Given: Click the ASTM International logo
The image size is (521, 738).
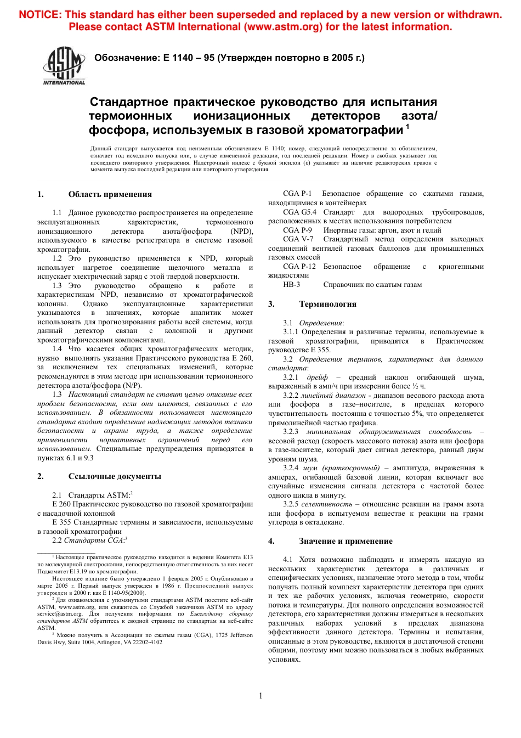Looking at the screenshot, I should tap(64, 65).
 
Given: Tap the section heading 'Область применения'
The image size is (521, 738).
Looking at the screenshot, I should tap(110, 194).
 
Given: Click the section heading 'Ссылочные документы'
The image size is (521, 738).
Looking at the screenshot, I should tap(115, 476).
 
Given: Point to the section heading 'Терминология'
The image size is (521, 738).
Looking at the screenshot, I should tap(327, 304).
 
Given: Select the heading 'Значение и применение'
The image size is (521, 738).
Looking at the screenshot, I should tap(346, 541).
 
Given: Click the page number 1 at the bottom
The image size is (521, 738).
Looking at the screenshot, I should tap(260, 696).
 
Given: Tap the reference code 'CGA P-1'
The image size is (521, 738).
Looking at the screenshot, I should tap(297, 194).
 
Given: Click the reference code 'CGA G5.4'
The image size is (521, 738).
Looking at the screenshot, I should tap(299, 212).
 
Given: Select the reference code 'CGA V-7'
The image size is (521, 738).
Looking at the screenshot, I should tap(298, 239).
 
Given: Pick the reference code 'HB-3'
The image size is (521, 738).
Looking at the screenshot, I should tap(291, 285).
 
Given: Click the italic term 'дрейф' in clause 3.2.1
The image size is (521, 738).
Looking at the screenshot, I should tap(317, 378).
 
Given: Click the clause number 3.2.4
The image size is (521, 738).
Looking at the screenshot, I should tap(291, 468).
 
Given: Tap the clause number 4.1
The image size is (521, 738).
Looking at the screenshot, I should tap(287, 560).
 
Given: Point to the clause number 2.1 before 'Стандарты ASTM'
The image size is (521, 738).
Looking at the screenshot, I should tap(57, 495).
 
